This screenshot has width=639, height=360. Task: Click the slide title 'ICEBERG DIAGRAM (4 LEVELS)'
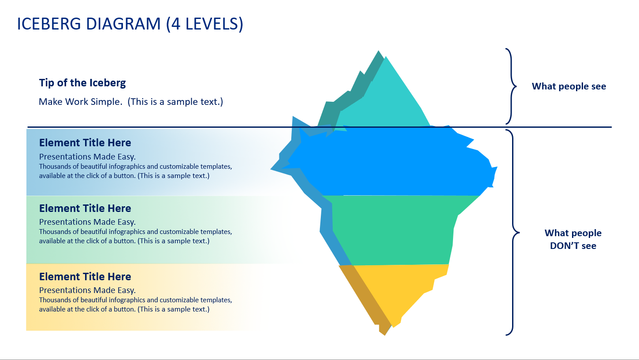pyautogui.click(x=130, y=24)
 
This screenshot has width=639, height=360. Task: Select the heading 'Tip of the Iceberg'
pyautogui.click(x=82, y=82)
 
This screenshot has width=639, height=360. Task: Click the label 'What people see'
pyautogui.click(x=569, y=86)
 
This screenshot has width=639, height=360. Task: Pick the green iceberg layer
pyautogui.click(x=392, y=229)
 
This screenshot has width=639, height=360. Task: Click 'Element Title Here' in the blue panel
pyautogui.click(x=85, y=143)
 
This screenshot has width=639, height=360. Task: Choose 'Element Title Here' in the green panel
pyautogui.click(x=85, y=208)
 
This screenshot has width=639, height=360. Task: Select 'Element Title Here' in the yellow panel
pyautogui.click(x=85, y=277)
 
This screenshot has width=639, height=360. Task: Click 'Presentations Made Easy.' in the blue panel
pyautogui.click(x=87, y=156)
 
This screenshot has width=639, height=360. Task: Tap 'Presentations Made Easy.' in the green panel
pyautogui.click(x=87, y=222)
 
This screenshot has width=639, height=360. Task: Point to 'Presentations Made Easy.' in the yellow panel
pyautogui.click(x=87, y=290)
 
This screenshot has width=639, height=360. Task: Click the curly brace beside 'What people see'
pyautogui.click(x=511, y=86)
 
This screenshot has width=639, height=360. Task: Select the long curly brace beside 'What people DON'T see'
pyautogui.click(x=513, y=232)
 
